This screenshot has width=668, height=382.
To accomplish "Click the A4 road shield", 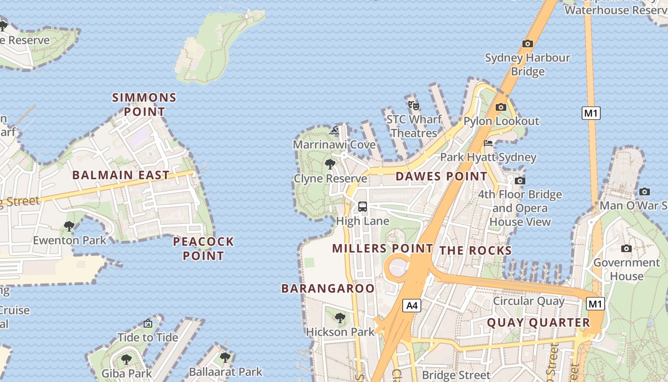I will [412, 306].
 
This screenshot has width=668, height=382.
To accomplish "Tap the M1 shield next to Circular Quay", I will [595, 304].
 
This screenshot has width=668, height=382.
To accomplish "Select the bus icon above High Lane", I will [363, 207].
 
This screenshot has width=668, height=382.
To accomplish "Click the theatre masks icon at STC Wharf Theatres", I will [414, 105].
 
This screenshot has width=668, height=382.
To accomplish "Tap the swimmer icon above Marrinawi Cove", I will [334, 130].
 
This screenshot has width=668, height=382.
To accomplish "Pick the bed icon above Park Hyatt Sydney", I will [488, 143].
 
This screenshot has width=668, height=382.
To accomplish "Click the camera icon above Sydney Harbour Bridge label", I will [527, 43].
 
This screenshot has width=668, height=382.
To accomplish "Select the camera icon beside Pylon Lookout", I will [501, 107].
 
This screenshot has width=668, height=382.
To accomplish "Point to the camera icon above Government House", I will [626, 248].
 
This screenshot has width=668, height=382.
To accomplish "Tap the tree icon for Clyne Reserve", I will [330, 165].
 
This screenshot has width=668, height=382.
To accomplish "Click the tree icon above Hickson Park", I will [340, 318].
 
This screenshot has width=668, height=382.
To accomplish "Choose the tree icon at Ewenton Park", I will [69, 226].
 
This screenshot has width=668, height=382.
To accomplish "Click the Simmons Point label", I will [144, 105].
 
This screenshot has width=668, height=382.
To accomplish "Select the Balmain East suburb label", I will [121, 175].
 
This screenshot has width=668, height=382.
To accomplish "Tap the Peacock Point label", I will [203, 248].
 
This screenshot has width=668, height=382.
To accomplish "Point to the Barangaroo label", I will [328, 288].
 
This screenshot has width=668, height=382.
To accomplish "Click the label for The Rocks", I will [475, 251].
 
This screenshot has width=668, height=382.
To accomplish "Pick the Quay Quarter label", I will [538, 323].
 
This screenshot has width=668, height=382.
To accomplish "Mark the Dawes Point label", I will [441, 176].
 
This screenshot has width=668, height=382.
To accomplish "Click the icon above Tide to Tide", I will [148, 323].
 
